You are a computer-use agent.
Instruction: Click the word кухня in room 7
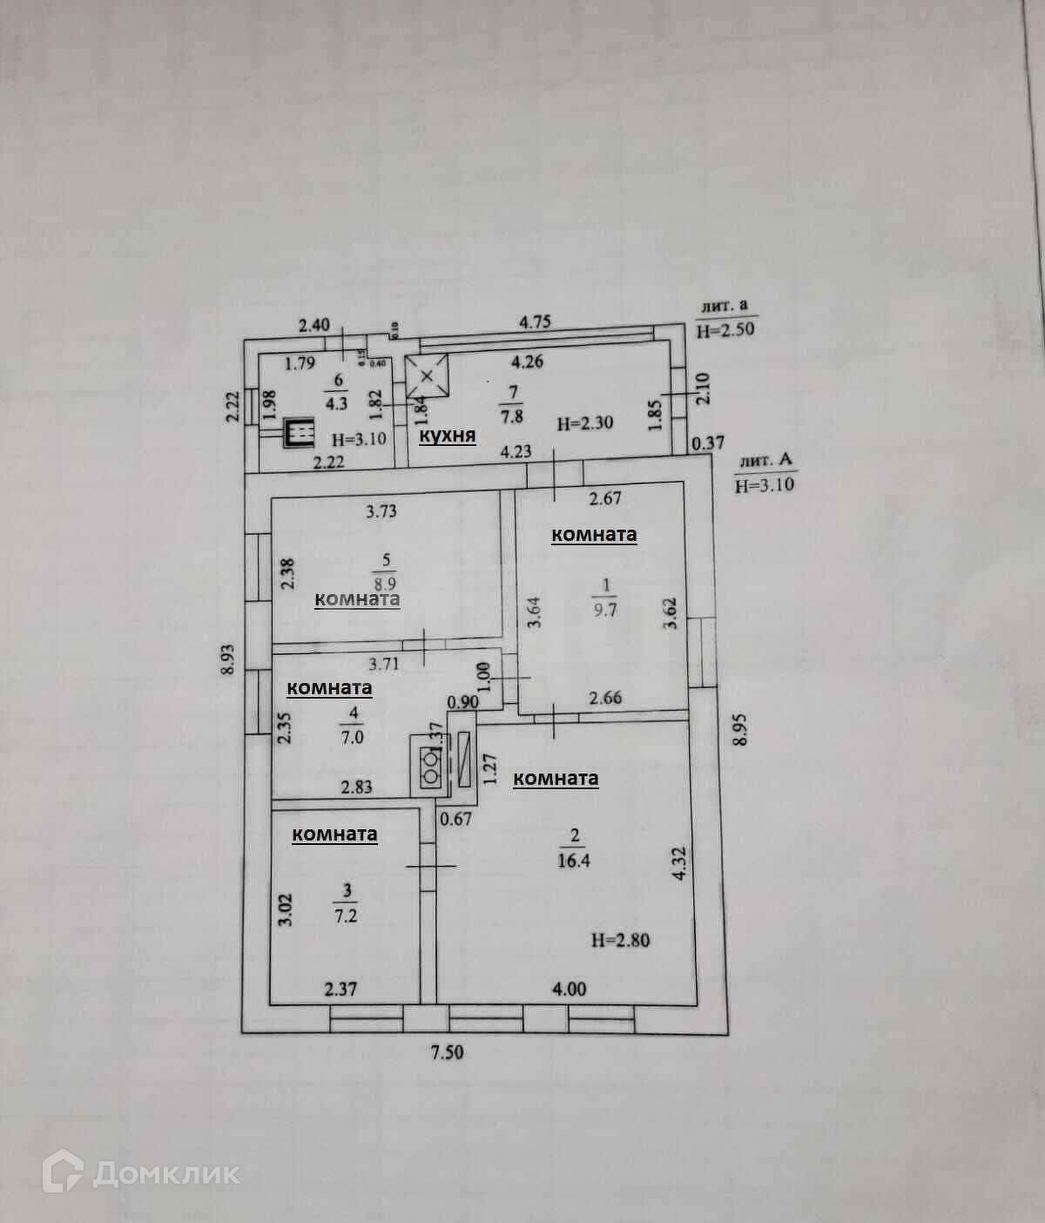click(x=448, y=435)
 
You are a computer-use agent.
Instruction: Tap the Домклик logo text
click(x=165, y=1173)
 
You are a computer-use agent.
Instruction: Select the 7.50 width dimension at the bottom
click(x=447, y=1052)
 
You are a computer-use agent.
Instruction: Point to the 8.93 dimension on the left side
click(x=228, y=659)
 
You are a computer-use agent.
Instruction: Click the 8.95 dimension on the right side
click(x=740, y=728)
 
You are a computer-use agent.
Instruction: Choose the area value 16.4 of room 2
click(x=574, y=861)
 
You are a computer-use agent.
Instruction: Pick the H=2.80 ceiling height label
click(x=620, y=940)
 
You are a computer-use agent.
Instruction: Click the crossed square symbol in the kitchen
click(x=427, y=376)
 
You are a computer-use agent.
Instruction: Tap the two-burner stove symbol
click(x=431, y=765)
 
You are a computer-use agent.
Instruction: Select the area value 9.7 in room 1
click(x=604, y=610)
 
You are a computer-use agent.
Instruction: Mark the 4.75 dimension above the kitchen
click(x=535, y=321)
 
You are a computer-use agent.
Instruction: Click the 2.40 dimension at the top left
click(x=313, y=326)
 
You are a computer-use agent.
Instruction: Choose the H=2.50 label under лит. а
click(x=725, y=330)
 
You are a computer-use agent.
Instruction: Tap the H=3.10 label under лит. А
click(x=765, y=485)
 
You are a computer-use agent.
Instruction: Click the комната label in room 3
click(x=334, y=834)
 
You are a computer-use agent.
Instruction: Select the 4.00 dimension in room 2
click(x=569, y=989)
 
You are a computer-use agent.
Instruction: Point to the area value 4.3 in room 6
click(x=336, y=403)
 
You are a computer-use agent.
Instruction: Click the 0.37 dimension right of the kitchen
click(x=707, y=443)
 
